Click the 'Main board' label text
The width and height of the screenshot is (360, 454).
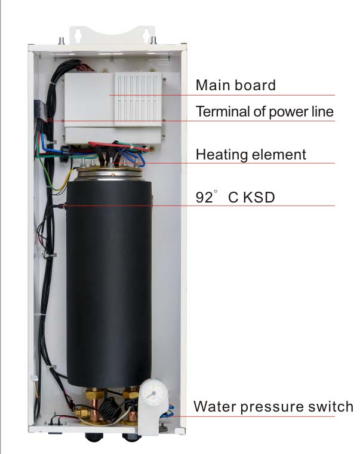236,85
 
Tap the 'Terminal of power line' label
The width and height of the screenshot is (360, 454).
264,112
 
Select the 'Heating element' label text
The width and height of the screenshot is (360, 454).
251,154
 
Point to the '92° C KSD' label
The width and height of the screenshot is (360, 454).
235,197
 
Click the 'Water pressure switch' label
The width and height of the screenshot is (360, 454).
273,407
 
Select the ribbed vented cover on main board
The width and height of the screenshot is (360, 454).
138,99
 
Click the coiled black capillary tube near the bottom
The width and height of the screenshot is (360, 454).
110,410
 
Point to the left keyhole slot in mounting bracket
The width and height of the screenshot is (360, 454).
77,35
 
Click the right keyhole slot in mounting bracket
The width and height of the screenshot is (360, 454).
146,35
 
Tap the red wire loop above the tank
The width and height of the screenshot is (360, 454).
119,146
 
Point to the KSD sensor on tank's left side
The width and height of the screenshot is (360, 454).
61,206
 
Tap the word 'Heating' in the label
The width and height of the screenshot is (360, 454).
220,154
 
